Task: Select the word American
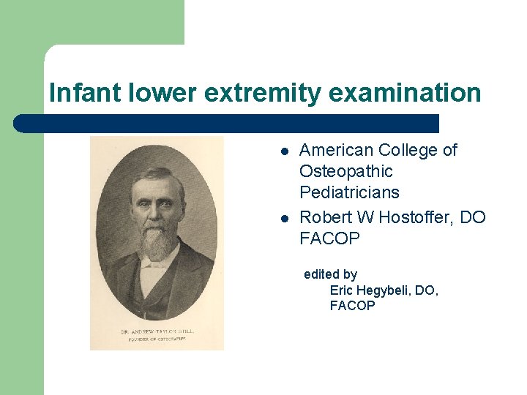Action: click(336, 151)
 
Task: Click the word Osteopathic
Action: click(346, 172)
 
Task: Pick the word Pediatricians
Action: click(349, 193)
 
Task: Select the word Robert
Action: click(325, 218)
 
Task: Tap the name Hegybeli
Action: click(384, 290)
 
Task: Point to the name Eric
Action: click(343, 290)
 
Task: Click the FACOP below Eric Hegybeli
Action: click(352, 306)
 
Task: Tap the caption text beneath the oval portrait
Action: click(157, 334)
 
